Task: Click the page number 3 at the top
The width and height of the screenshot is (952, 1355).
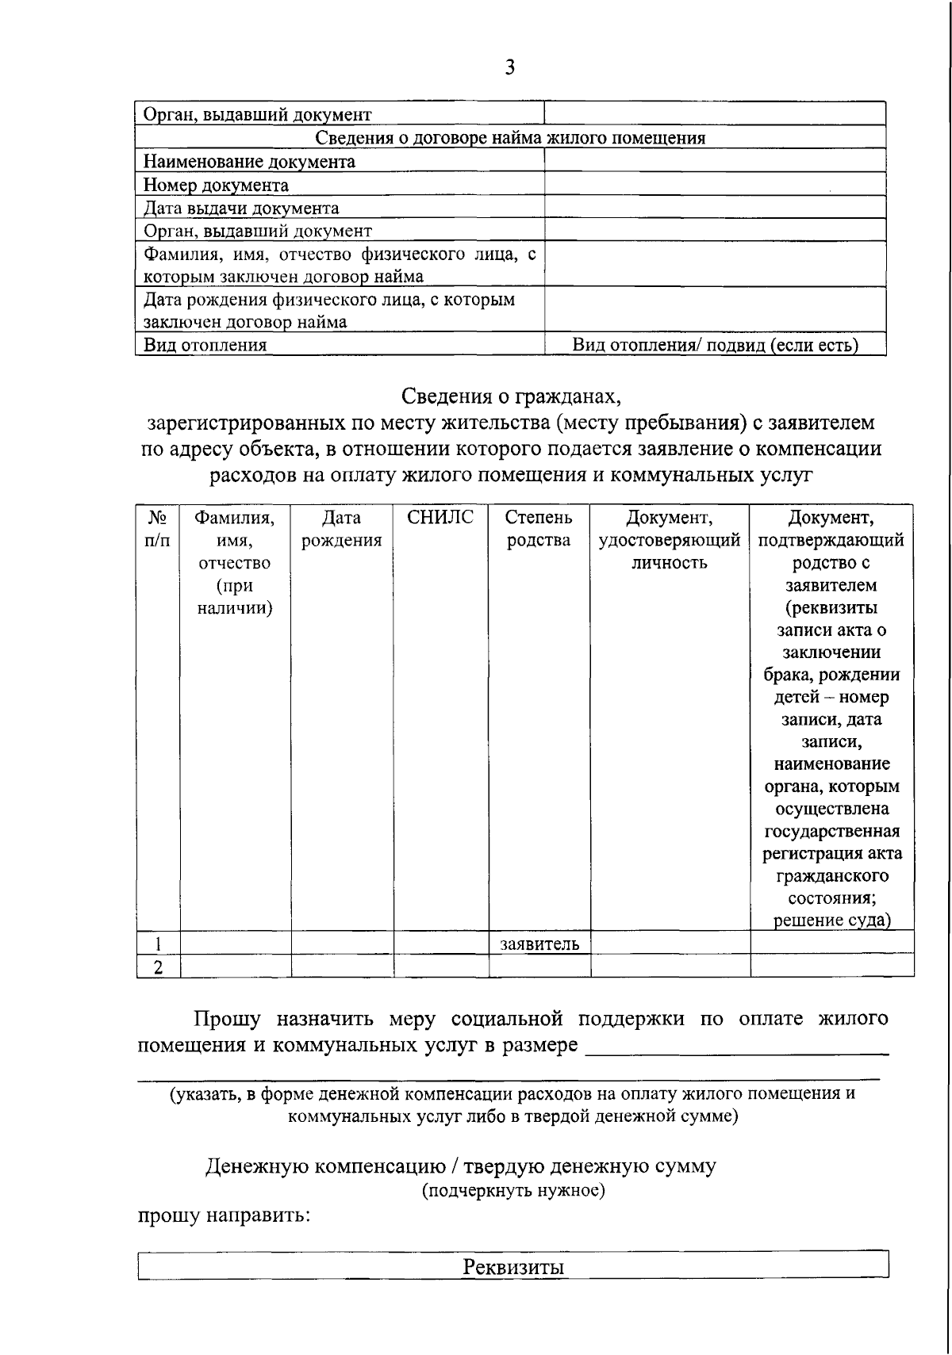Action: (509, 68)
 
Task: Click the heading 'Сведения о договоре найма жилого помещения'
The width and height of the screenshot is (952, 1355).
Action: (510, 138)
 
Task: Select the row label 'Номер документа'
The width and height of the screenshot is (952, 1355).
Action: (216, 186)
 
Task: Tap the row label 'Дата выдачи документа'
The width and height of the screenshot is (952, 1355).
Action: (241, 209)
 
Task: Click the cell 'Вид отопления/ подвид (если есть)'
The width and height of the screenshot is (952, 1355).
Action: (715, 345)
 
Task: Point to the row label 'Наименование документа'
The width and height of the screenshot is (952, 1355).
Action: (249, 163)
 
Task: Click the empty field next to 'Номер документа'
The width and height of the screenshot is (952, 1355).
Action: (714, 186)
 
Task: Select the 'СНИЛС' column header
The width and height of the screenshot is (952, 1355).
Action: (440, 518)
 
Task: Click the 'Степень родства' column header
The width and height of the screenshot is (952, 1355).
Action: (539, 529)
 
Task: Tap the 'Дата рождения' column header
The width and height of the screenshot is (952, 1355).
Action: (342, 529)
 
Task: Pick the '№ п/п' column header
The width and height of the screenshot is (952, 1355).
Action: (158, 529)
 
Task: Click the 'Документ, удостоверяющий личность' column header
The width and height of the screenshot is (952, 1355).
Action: (669, 540)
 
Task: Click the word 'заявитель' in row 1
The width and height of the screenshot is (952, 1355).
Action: (539, 944)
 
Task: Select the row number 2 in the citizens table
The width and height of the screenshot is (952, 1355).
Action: (158, 966)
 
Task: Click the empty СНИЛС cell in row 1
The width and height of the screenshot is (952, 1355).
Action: (440, 944)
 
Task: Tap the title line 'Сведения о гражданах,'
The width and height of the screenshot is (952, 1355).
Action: (510, 395)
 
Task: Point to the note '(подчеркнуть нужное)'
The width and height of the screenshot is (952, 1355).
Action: (513, 1191)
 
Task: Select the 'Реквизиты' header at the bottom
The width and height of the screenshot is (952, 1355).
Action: (513, 1266)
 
